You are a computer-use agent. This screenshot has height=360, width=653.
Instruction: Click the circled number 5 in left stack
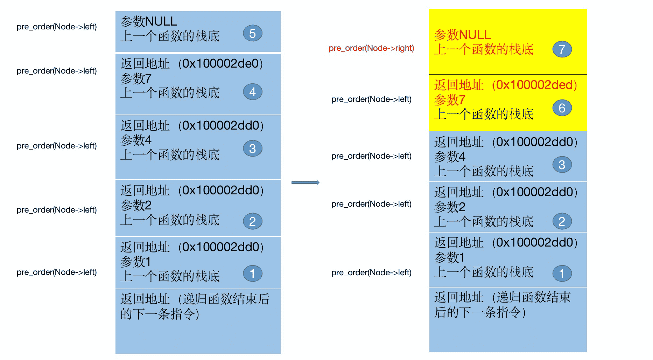tap(252, 34)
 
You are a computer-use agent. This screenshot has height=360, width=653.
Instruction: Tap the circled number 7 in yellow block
tap(562, 49)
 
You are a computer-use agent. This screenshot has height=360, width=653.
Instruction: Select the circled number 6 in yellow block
tap(562, 108)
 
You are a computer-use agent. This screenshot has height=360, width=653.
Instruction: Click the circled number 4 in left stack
tap(252, 92)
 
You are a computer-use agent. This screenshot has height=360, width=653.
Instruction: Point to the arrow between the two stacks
tap(305, 182)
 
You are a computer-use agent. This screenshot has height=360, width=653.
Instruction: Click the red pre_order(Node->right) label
tap(371, 48)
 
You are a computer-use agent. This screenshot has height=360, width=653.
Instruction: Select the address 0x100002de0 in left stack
tap(220, 63)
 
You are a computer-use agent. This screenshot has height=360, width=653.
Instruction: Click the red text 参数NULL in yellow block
tap(462, 35)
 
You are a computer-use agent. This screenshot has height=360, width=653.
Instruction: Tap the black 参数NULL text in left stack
tap(148, 21)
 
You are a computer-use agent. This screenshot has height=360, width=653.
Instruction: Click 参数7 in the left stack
tap(136, 78)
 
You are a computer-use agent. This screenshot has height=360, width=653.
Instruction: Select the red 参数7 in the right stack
tap(450, 100)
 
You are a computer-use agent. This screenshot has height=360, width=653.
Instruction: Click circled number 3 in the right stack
tap(562, 165)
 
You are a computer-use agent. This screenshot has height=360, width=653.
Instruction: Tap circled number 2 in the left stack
tap(252, 221)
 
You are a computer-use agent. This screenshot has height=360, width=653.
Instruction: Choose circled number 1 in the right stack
tap(562, 274)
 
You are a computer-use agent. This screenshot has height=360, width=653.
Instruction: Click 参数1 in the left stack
tap(136, 262)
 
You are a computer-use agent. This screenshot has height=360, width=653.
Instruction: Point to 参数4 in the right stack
tap(450, 156)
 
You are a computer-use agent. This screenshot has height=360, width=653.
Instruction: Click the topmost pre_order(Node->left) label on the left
tap(57, 27)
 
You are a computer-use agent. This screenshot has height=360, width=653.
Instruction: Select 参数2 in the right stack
tap(450, 207)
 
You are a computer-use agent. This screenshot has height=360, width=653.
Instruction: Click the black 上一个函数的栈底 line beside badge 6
tap(484, 114)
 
